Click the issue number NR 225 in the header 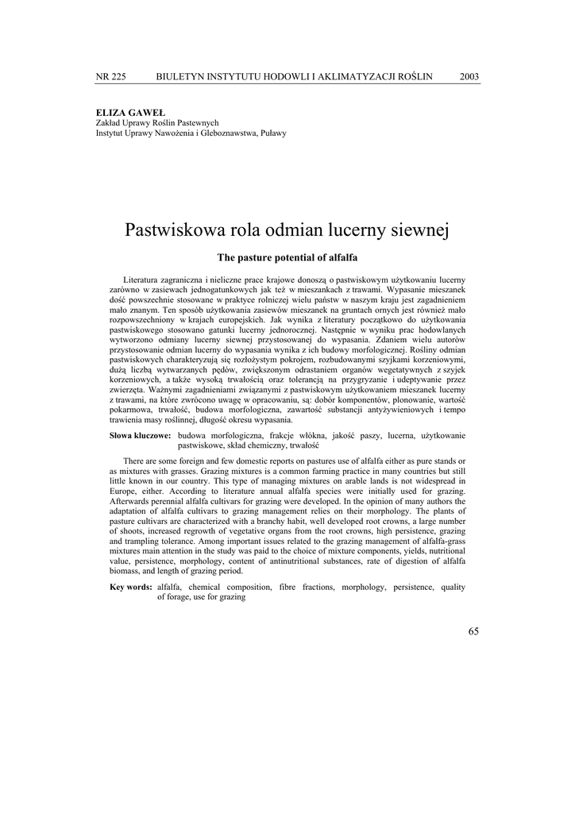110,76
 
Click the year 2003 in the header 469,76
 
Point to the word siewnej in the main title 421,230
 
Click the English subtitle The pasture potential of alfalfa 287,258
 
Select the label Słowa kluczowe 140,436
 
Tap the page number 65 473,631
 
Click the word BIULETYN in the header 182,76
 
